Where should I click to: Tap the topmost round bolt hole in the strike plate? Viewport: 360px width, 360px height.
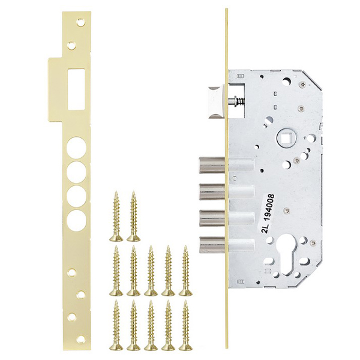tap(76, 148)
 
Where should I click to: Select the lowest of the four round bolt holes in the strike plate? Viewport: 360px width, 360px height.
tap(77, 219)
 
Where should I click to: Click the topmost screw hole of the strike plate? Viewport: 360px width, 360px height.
tap(80, 22)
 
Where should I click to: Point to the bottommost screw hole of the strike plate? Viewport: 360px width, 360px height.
tap(81, 338)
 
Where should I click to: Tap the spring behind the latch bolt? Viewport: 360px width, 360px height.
tap(239, 100)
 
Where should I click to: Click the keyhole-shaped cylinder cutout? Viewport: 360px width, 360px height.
tap(289, 257)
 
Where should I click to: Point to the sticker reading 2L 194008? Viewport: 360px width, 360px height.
tap(268, 214)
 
